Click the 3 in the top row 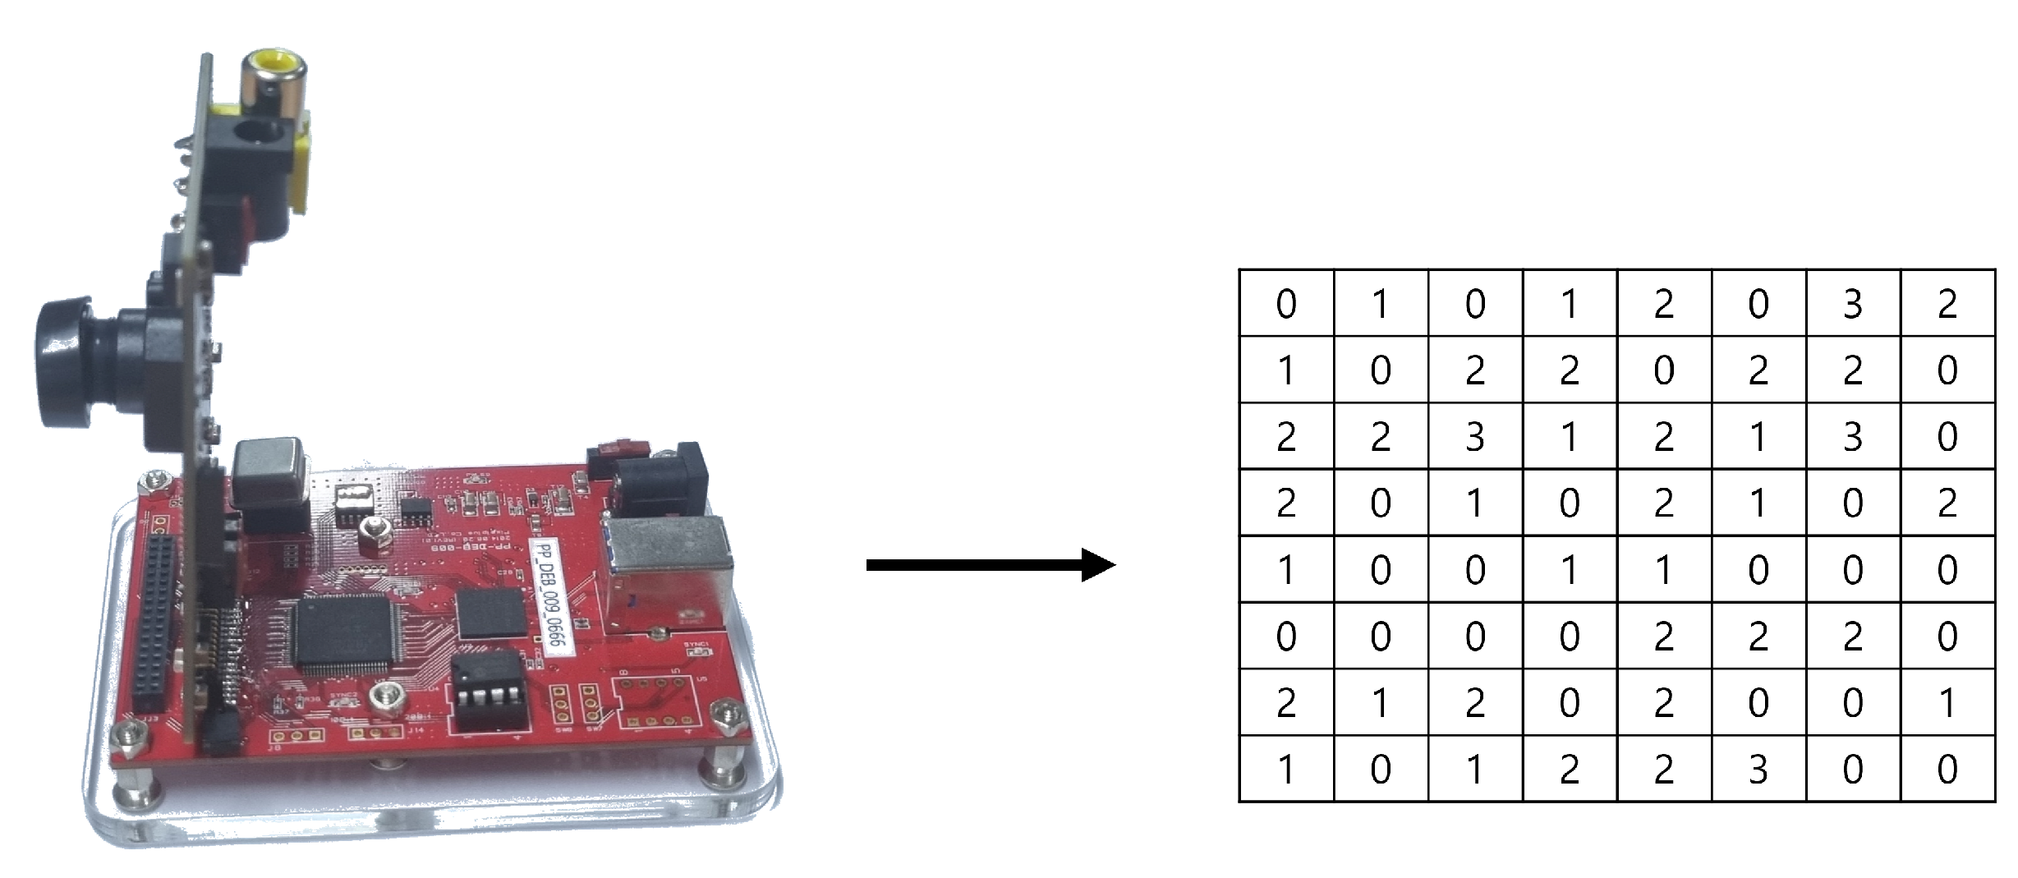(1852, 304)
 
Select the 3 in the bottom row (1758, 770)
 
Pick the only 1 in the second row (1286, 370)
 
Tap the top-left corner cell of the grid (1286, 304)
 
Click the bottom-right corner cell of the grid (1947, 770)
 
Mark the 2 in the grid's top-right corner (1947, 304)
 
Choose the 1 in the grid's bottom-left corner (1286, 770)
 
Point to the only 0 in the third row (1947, 437)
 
